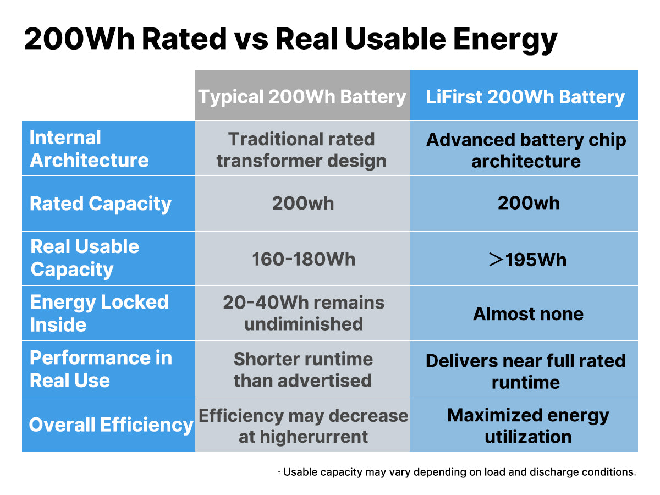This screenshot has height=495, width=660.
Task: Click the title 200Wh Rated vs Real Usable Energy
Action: [290, 40]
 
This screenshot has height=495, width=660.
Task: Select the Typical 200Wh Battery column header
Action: [302, 97]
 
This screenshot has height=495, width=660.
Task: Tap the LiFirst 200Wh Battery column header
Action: [525, 97]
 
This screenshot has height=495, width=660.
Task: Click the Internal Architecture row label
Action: [89, 148]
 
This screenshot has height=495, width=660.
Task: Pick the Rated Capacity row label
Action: [101, 204]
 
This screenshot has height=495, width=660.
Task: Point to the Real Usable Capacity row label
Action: [85, 258]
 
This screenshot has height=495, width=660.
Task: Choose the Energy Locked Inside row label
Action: [99, 313]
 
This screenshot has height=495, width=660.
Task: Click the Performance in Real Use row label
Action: [100, 369]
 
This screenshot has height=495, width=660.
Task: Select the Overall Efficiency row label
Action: [111, 425]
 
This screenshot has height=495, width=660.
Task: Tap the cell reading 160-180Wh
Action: [304, 259]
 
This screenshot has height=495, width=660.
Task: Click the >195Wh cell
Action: [527, 259]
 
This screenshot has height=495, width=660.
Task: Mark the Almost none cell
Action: [528, 314]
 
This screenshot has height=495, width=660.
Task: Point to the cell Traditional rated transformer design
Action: [301, 150]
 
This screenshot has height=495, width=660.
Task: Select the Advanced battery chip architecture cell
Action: [526, 150]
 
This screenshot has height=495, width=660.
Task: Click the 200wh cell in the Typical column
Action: [303, 204]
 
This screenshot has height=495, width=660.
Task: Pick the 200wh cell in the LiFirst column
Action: [529, 203]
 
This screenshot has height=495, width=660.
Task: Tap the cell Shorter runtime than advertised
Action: [303, 370]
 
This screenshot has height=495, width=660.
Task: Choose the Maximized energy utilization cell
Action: [528, 426]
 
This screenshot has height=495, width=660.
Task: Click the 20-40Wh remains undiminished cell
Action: [304, 313]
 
